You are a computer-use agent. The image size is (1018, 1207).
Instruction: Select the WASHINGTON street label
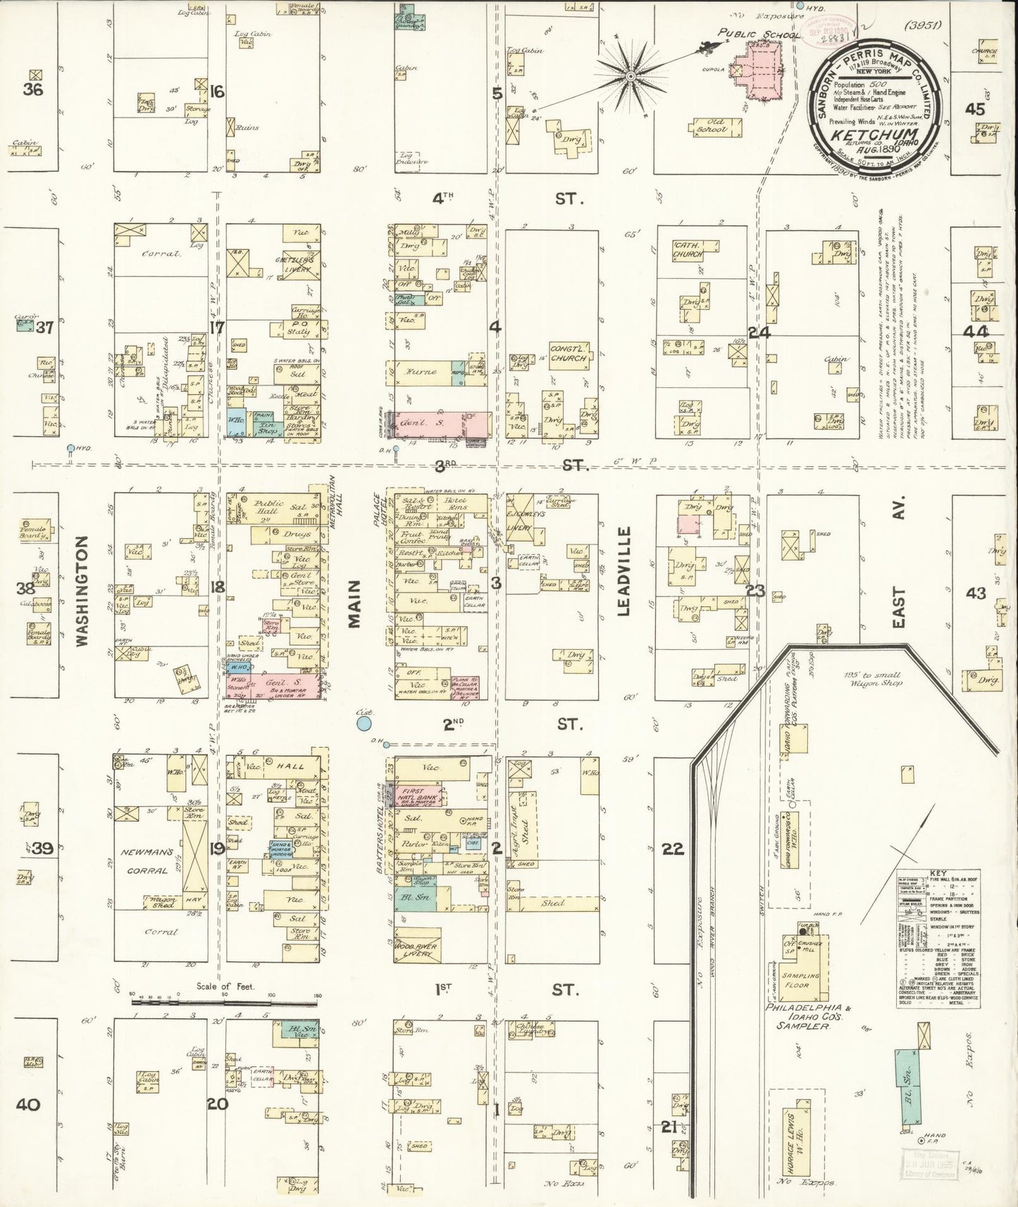click(82, 592)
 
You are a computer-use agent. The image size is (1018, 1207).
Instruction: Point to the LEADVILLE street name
click(623, 571)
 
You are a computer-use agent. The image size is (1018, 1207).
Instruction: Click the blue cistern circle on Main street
click(364, 723)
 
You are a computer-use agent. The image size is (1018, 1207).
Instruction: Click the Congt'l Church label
click(569, 354)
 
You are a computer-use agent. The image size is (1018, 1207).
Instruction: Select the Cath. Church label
click(685, 250)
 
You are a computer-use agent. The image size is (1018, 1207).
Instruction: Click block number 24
click(759, 332)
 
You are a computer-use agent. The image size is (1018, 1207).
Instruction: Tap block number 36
click(32, 89)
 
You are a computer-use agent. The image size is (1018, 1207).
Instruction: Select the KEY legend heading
click(938, 872)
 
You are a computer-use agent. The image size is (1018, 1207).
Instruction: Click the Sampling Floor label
click(800, 980)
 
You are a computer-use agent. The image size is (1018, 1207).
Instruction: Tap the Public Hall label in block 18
click(269, 507)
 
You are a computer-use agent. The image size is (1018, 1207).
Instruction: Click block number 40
click(28, 1104)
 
